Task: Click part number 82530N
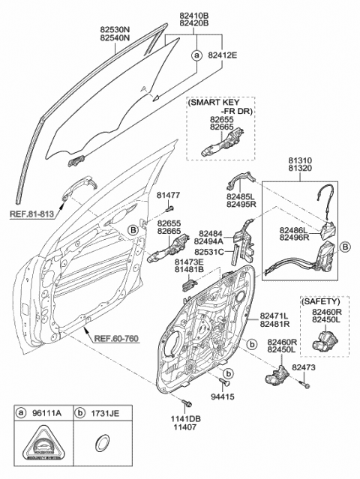(115, 30)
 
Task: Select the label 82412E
(223, 55)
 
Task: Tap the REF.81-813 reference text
(34, 213)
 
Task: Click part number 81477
(169, 196)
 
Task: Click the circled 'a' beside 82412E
(196, 56)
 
